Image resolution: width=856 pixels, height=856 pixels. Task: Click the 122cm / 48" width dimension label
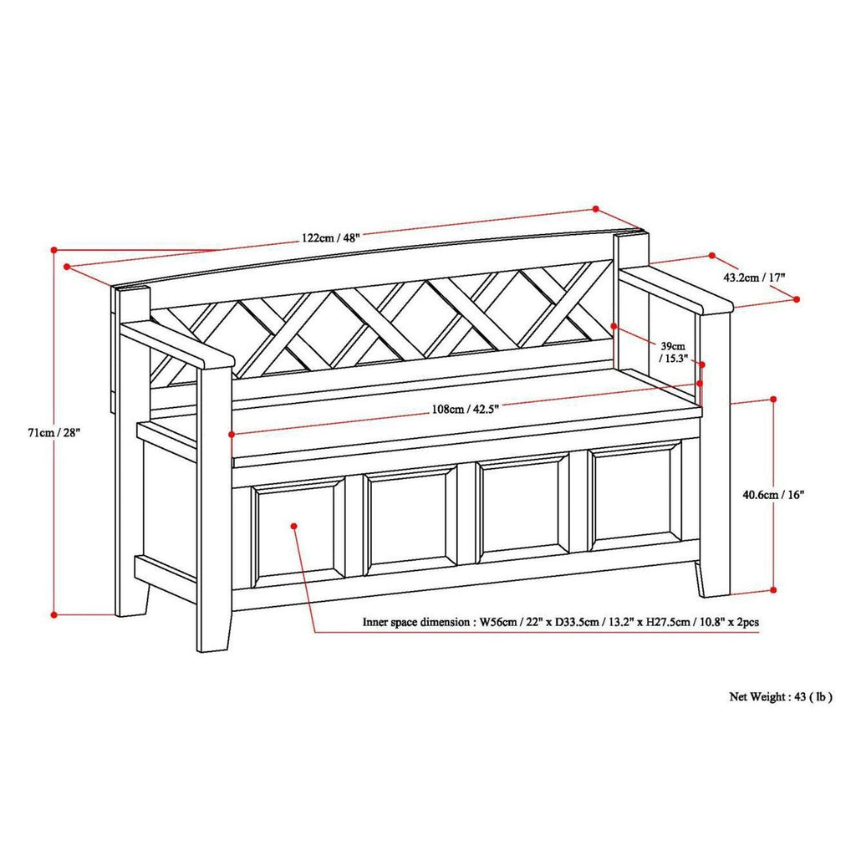[x=331, y=237]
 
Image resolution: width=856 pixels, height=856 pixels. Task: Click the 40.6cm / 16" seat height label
[x=772, y=495]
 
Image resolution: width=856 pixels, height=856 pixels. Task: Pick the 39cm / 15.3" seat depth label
[x=672, y=352]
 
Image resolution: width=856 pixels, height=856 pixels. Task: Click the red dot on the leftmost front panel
[x=295, y=526]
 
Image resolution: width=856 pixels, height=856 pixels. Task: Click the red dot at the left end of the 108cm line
[x=231, y=434]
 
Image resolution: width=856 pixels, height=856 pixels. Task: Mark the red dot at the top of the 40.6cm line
[x=772, y=400]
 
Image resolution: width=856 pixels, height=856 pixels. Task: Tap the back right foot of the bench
[x=711, y=582]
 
